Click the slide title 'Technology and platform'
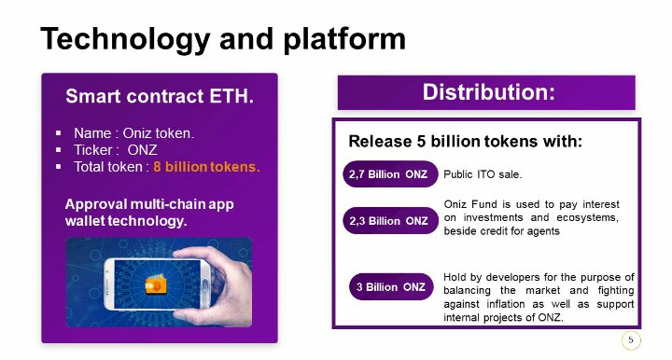223,39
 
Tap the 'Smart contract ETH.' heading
160,96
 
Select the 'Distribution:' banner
486,92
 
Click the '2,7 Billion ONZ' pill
390,174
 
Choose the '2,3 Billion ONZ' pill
390,221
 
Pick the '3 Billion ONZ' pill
391,287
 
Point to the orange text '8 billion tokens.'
206,167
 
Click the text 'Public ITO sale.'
483,174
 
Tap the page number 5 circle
631,340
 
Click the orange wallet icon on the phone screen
156,284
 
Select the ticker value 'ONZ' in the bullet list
142,150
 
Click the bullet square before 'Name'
58,133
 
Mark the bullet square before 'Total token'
58,167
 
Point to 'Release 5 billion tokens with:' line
466,141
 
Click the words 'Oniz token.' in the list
158,133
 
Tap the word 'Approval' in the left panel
96,204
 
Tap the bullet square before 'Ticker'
58,150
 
